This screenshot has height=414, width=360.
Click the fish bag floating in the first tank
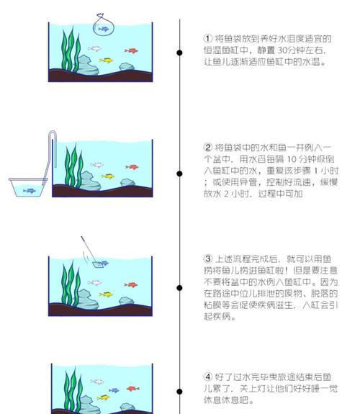click(103, 25)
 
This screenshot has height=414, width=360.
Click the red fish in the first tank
click(131, 50)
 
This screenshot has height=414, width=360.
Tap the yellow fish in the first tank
click(107, 60)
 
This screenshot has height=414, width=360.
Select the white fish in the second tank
click(97, 165)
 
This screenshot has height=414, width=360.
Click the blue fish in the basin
click(30, 191)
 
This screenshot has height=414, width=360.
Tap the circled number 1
click(208, 39)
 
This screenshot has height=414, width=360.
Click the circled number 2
click(208, 148)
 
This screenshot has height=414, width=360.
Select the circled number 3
click(208, 258)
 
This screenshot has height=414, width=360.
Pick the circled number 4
click(208, 377)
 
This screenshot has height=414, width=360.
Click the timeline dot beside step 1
click(179, 53)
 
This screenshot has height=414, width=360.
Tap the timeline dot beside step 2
click(179, 174)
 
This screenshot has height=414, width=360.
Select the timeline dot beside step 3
click(179, 288)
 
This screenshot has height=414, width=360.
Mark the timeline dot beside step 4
click(179, 392)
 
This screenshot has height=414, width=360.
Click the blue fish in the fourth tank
click(114, 390)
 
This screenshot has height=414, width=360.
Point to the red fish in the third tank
click(131, 285)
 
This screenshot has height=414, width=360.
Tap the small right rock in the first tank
click(127, 67)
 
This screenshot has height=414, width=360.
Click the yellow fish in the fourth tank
click(103, 397)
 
